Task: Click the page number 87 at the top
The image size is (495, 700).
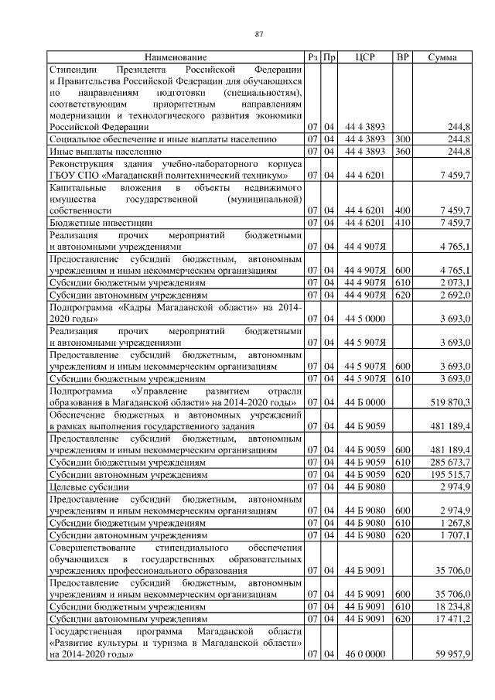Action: tap(260, 33)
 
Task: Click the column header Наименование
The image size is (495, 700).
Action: tap(176, 57)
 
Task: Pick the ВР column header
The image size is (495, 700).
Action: tap(402, 57)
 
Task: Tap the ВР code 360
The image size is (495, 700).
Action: tap(402, 151)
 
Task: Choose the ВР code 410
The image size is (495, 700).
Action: tap(402, 222)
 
